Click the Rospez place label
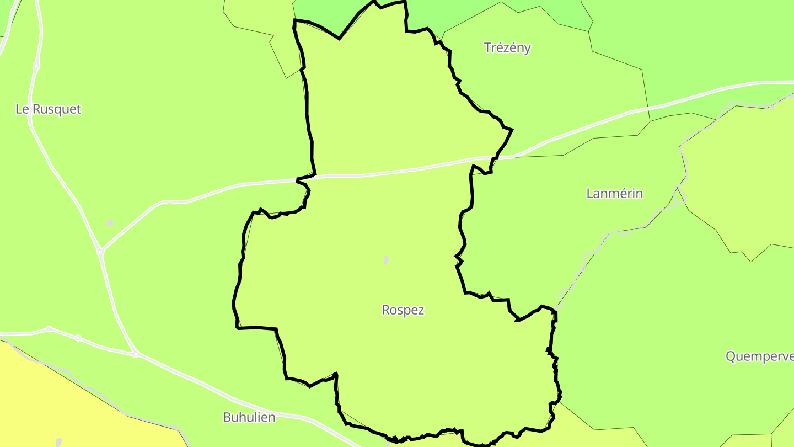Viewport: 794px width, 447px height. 403,310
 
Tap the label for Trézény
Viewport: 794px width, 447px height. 507,47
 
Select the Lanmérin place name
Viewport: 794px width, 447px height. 614,194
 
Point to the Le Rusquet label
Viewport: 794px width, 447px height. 48,109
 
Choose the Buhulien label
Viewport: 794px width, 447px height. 249,417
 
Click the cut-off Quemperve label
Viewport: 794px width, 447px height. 759,356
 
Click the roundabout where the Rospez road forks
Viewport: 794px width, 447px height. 100,252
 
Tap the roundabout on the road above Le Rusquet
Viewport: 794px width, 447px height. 36,66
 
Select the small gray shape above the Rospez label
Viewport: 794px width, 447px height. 386,259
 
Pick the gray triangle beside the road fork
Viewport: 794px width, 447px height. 110,222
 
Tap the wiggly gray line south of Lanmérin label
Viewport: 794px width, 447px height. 623,232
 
